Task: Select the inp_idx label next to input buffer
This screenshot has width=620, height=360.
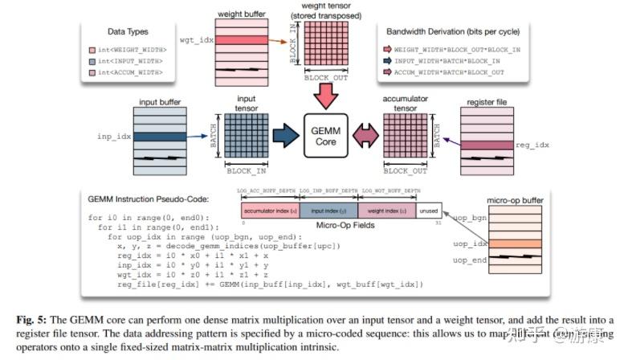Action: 115,137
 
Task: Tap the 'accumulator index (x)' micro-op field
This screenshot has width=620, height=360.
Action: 270,210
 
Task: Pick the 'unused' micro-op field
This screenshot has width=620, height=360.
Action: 429,210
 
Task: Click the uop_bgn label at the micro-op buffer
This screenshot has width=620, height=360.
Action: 471,218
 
